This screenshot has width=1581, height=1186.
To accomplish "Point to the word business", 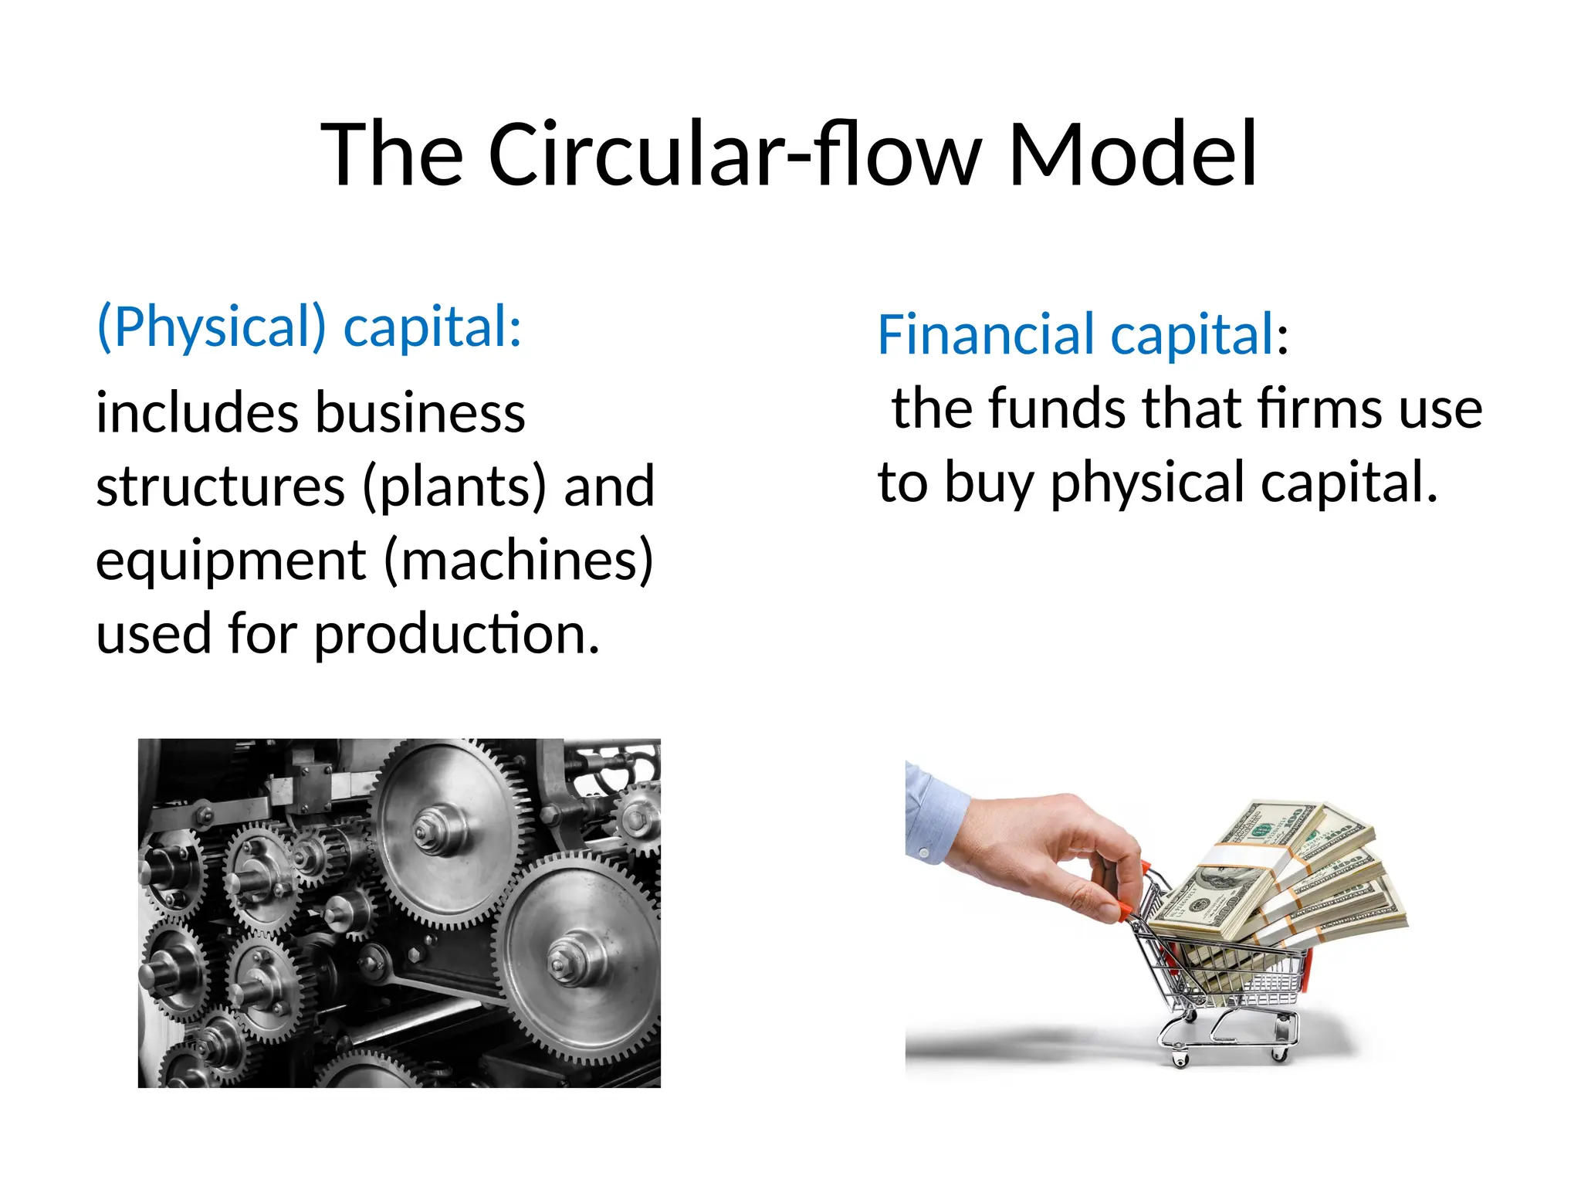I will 420,412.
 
